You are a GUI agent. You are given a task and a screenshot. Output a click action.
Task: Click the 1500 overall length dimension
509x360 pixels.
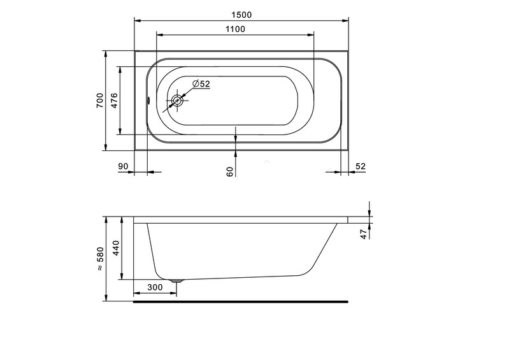(x=241, y=15)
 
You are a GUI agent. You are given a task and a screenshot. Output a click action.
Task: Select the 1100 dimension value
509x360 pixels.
(x=235, y=29)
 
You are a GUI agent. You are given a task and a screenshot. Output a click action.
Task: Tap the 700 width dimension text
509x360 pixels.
(x=100, y=100)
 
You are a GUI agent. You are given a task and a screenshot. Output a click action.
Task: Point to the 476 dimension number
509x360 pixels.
(x=114, y=100)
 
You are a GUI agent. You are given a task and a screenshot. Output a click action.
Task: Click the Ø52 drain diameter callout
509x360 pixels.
(x=201, y=83)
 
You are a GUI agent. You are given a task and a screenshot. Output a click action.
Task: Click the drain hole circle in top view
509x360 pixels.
(x=177, y=101)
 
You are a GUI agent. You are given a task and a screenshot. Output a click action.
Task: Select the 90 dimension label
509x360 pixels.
(x=123, y=166)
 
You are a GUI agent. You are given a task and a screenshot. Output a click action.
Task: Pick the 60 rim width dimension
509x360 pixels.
(x=230, y=172)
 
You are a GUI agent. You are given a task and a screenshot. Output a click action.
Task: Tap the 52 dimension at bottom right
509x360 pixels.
(x=361, y=166)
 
